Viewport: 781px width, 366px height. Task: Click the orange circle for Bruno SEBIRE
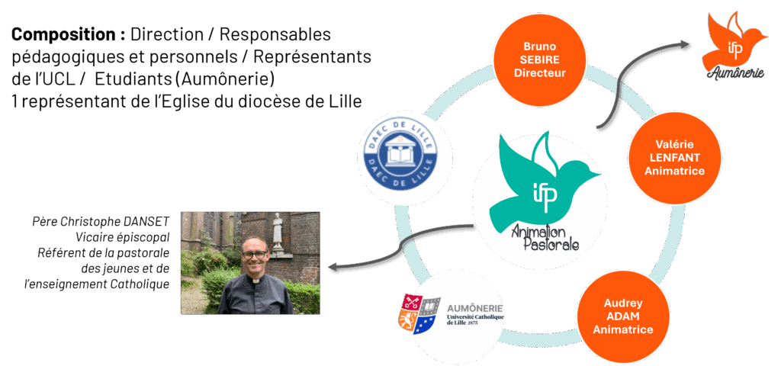point(539,59)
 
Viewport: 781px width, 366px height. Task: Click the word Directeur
point(539,73)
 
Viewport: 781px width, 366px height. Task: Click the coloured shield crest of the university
point(419,315)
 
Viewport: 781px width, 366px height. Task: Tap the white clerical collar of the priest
point(255,281)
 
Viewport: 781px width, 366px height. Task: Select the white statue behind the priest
point(278,232)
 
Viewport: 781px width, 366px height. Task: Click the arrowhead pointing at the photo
point(332,267)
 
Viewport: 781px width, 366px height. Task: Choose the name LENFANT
point(673,158)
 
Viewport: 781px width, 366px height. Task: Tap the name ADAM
point(623,316)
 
